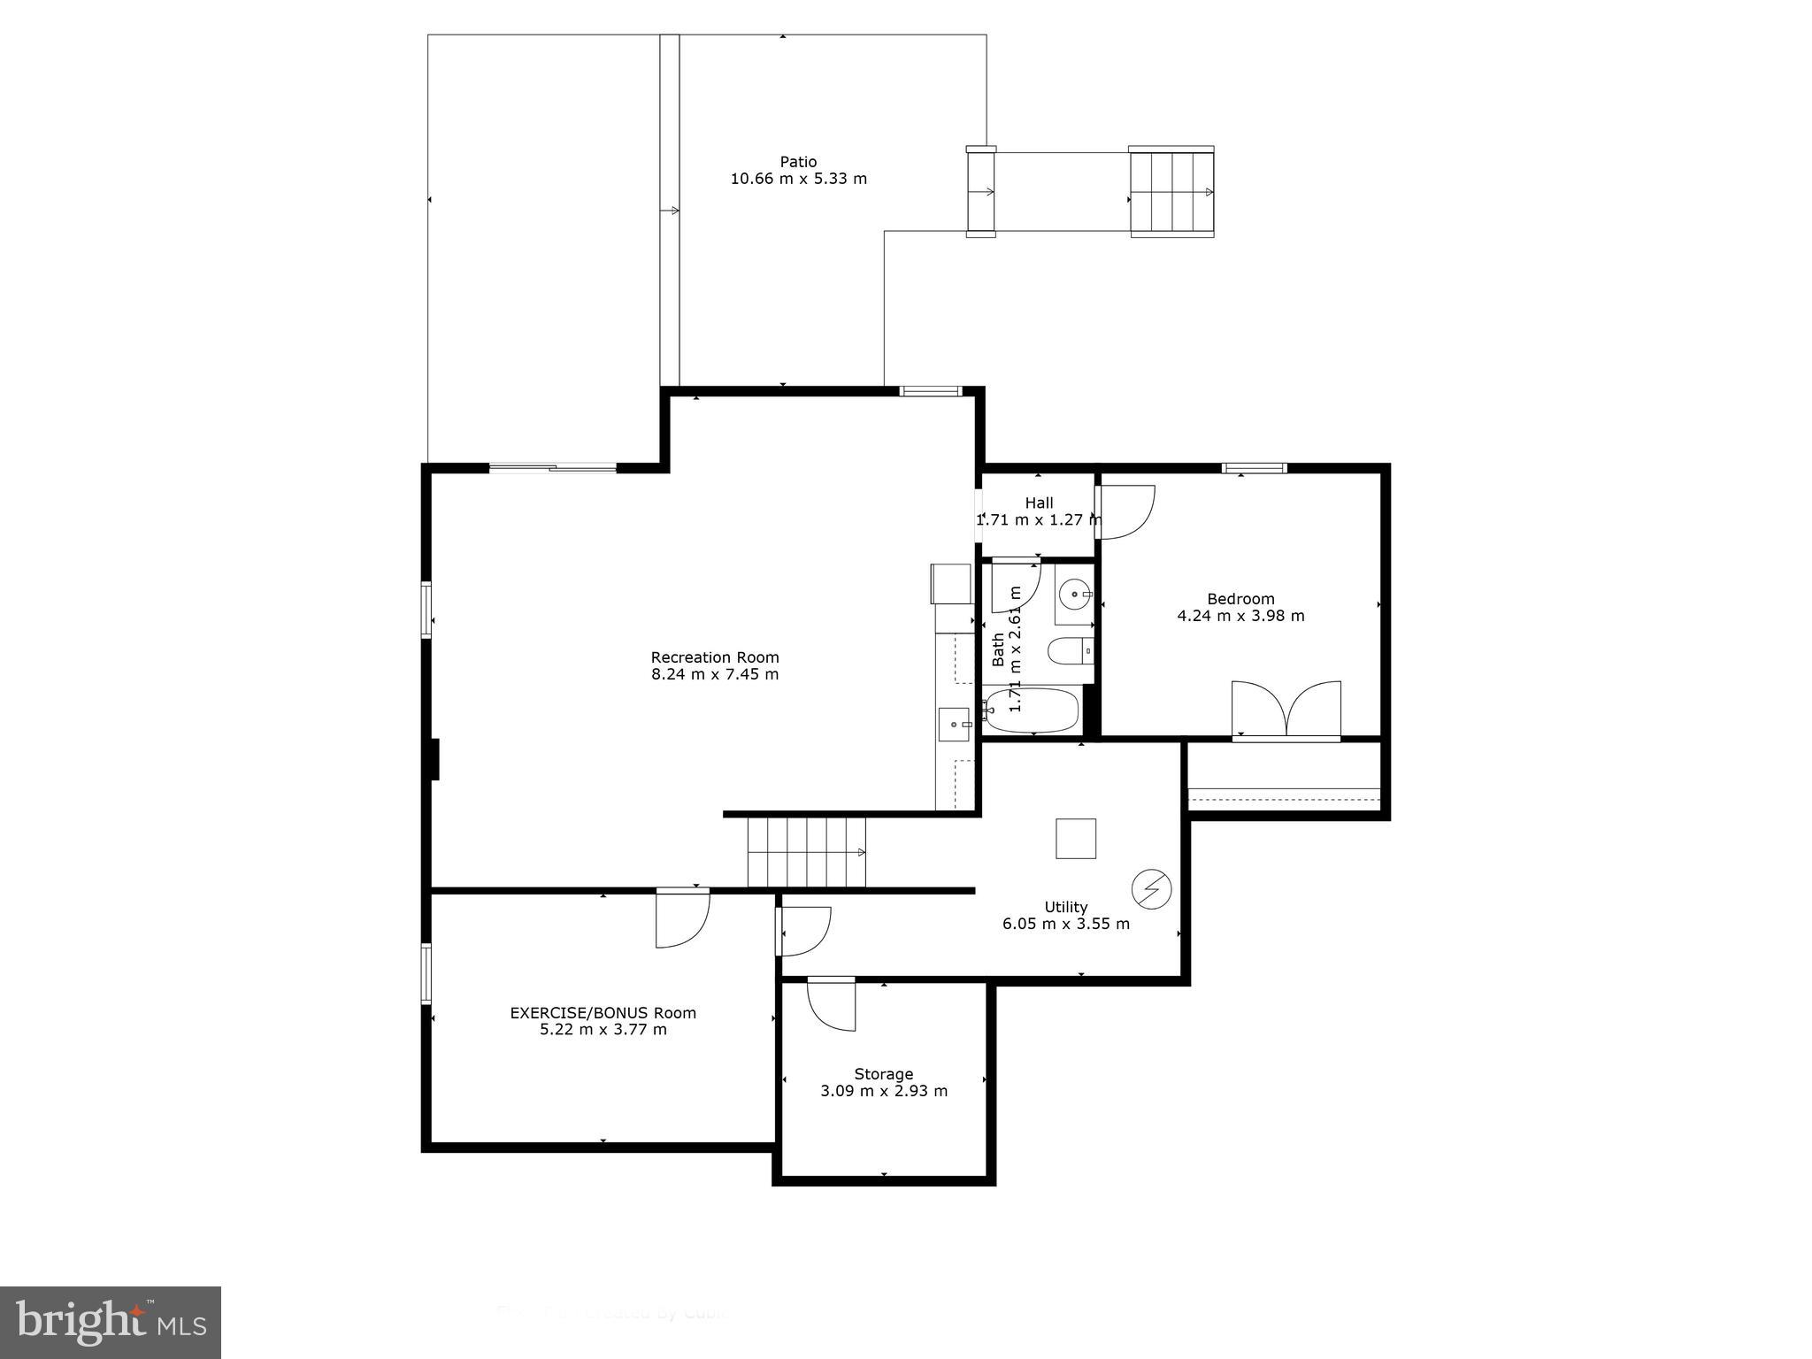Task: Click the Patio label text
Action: (x=798, y=162)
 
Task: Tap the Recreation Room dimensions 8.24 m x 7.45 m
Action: (x=715, y=674)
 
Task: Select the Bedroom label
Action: (x=1240, y=599)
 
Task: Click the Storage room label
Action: (x=883, y=1074)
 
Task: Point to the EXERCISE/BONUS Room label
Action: (x=603, y=1013)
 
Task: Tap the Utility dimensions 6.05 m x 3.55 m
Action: (x=1065, y=924)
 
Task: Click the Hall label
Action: (x=1039, y=503)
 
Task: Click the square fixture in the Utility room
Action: (x=1076, y=839)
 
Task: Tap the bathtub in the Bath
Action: (x=1033, y=710)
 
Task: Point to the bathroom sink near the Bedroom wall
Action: (x=1074, y=595)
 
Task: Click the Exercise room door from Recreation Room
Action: (x=682, y=918)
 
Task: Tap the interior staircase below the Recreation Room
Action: (x=806, y=852)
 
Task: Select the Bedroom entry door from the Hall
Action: (x=1125, y=512)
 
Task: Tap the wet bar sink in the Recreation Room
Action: (x=954, y=725)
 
